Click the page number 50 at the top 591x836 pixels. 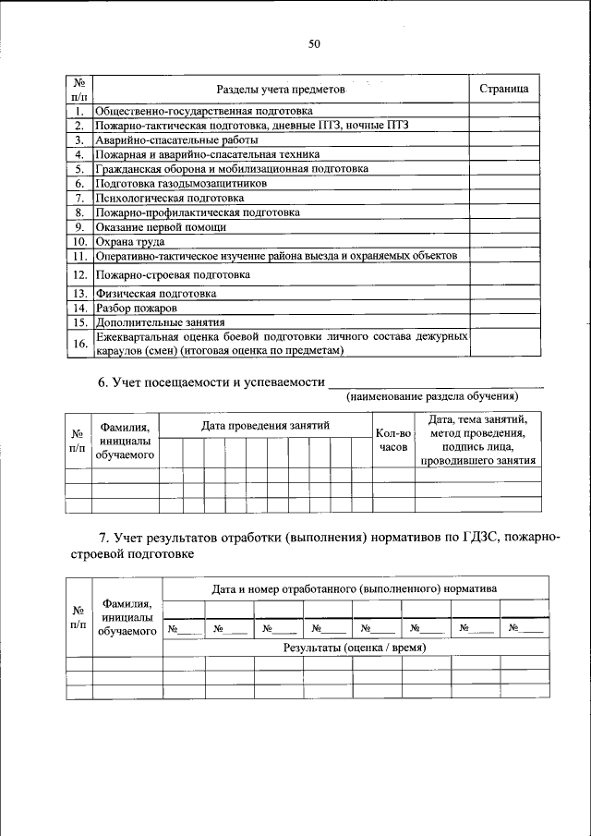coord(314,43)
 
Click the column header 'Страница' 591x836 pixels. coord(503,89)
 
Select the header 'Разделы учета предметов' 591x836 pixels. coord(280,90)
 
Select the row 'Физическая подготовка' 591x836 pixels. coord(156,294)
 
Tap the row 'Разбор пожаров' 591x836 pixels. coord(136,309)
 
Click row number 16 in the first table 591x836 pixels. coord(80,344)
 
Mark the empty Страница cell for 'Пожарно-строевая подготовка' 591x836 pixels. coord(503,274)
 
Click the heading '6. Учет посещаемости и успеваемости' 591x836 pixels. coord(211,382)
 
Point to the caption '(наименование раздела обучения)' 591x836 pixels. coord(432,396)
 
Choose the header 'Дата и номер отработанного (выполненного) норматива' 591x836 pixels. coord(355,588)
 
